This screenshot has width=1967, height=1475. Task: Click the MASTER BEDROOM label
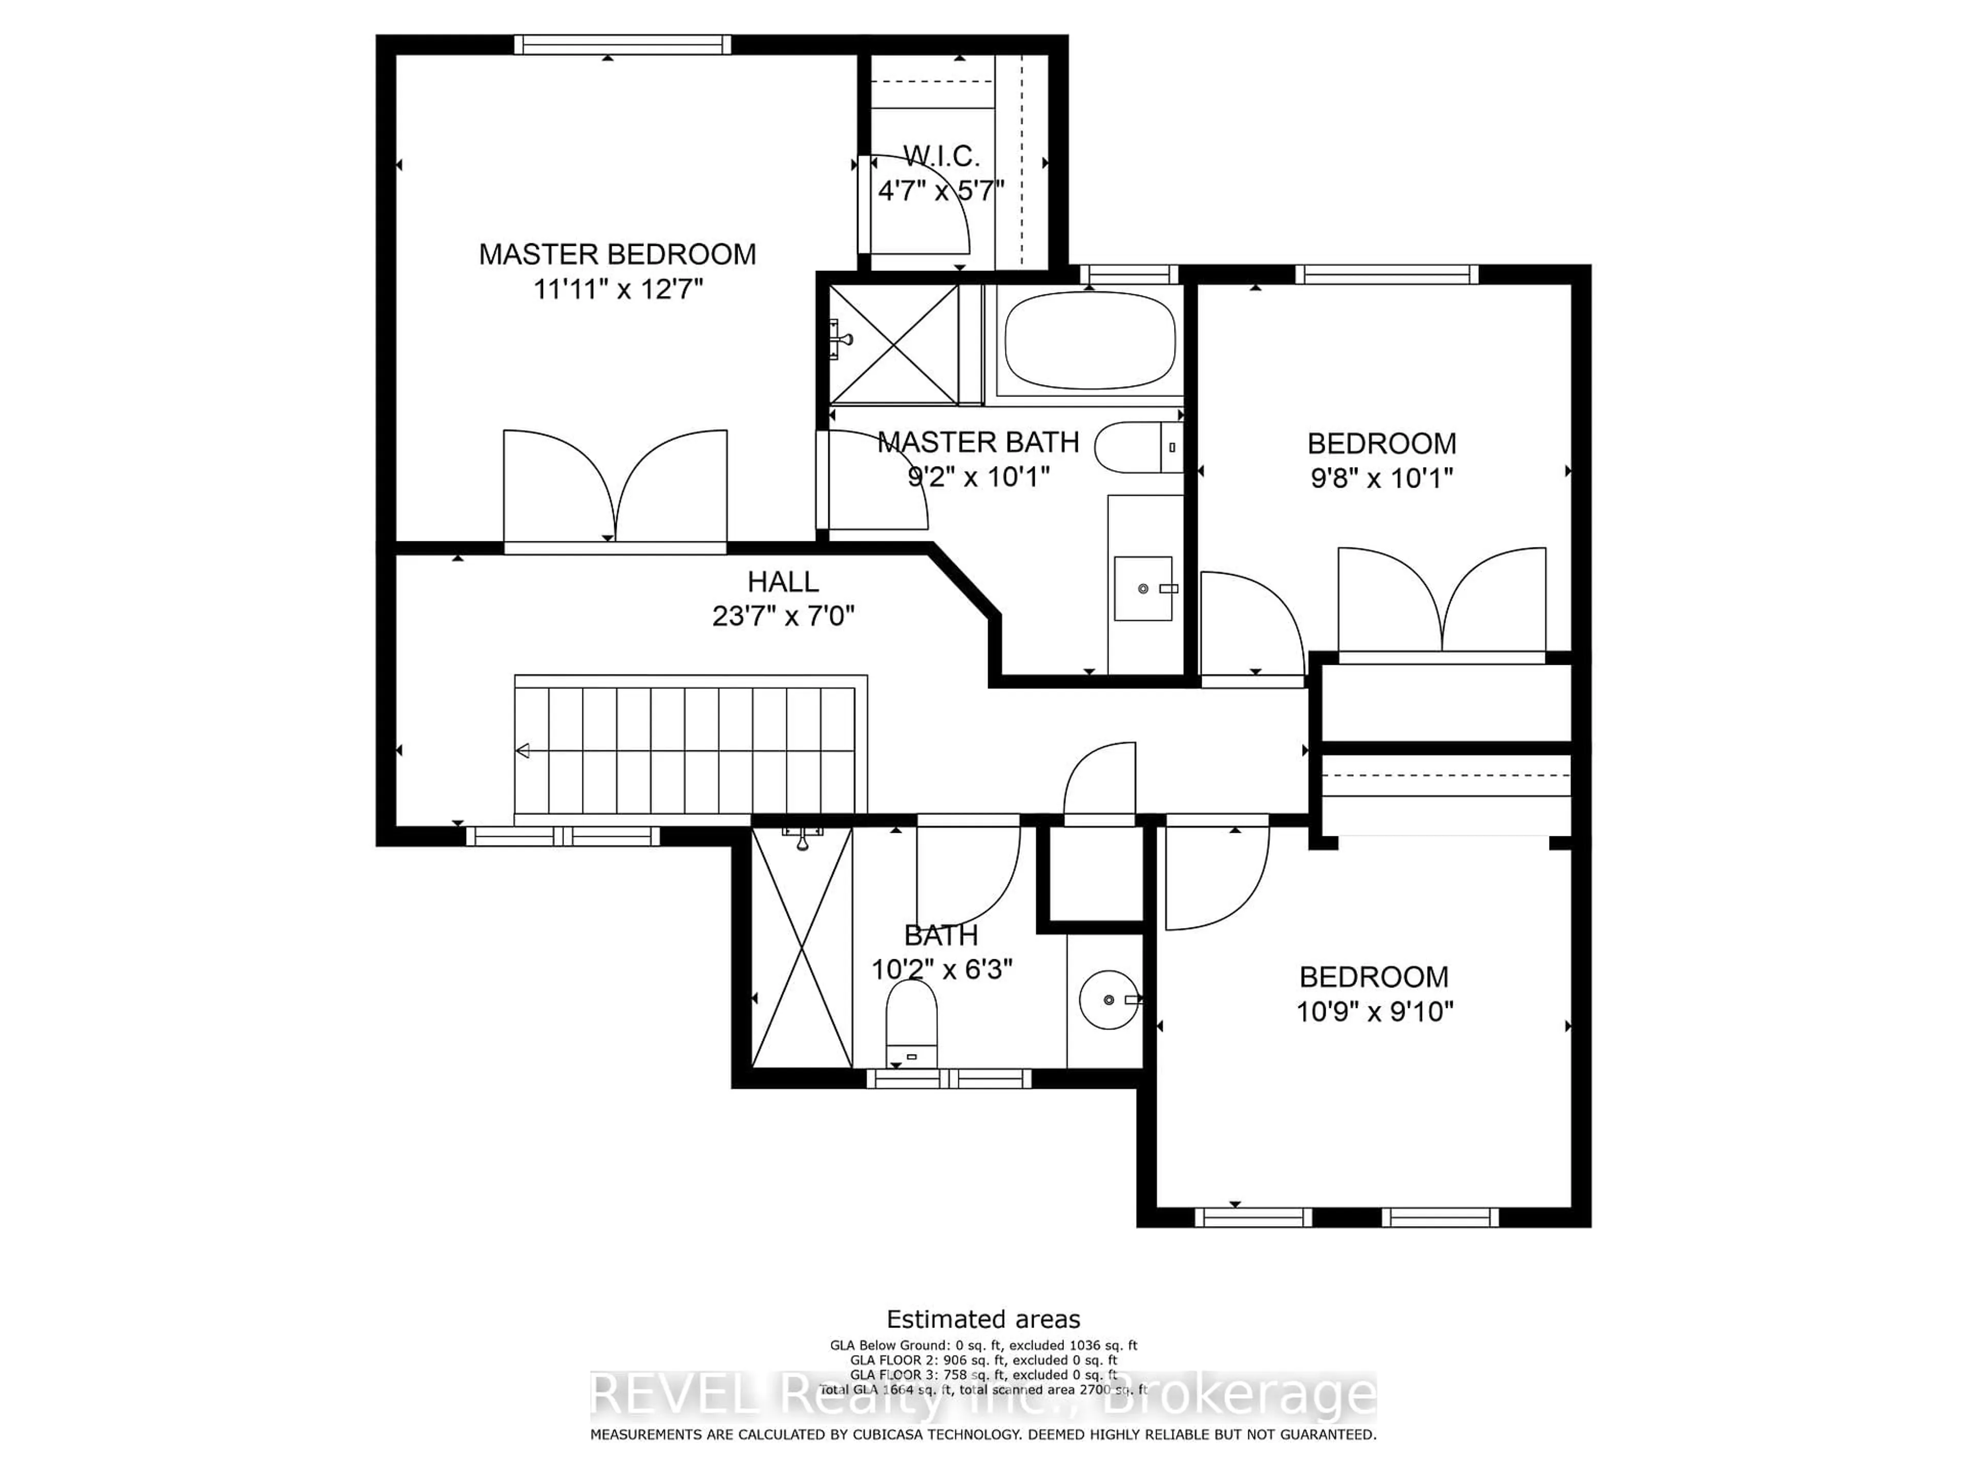coord(617,254)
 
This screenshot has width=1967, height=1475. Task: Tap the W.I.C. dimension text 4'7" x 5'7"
coord(941,191)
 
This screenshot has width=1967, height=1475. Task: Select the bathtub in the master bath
coord(1090,341)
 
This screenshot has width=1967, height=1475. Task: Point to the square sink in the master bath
coord(1143,588)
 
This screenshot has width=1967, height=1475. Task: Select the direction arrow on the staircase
coord(524,751)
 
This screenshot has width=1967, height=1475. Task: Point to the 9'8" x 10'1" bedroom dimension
coord(1381,478)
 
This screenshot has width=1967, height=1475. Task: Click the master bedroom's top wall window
coord(622,45)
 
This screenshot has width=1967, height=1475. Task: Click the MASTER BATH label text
coord(978,442)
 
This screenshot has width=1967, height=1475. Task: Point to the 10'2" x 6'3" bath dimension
coord(941,969)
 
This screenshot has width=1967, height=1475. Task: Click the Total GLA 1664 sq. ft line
coord(982,1389)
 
